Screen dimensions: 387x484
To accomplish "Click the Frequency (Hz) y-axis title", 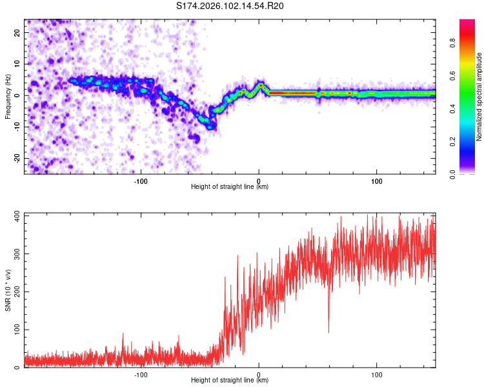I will pos(8,96).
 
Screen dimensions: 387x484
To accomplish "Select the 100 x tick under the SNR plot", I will pos(376,374).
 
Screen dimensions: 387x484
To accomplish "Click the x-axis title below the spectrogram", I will pos(230,186).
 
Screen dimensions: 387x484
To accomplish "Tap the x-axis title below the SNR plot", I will pos(230,381).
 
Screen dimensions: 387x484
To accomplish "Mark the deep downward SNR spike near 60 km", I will pos(328,331).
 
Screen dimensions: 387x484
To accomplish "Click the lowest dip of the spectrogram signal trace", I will pos(210,126).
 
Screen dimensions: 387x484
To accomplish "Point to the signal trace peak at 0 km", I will pos(259,84).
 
